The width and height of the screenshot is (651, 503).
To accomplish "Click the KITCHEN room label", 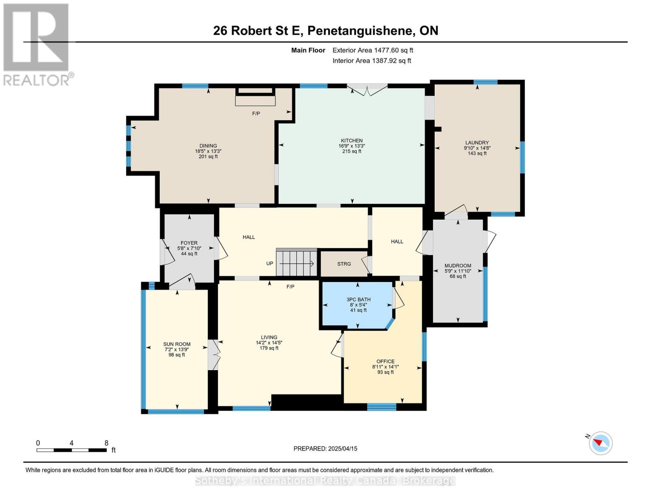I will point(351,141).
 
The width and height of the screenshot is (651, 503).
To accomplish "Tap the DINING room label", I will point(208,146).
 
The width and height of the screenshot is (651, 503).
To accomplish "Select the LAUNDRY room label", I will point(477,143).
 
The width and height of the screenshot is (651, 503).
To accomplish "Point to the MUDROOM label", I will point(458,266).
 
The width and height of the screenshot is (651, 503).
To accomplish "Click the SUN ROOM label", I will point(176,345).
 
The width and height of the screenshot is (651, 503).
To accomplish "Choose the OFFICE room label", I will point(385,361).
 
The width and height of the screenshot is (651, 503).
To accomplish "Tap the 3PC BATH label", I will point(358,300).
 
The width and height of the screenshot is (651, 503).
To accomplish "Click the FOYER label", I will point(189,243).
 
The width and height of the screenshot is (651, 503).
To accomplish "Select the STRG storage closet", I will point(344,264).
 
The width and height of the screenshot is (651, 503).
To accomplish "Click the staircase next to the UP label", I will point(296,263).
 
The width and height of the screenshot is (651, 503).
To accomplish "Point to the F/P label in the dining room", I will point(256,114).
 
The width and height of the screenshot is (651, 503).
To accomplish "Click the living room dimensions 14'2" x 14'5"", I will point(269,342).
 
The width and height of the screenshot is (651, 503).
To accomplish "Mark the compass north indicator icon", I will point(600,443).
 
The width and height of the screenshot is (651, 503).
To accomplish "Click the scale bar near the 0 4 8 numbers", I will point(71,450).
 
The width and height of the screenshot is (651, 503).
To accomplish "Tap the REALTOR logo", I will point(37,44).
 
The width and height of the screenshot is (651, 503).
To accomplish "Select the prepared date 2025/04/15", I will point(325,449).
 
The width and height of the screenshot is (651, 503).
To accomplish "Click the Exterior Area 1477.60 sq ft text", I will point(373,50).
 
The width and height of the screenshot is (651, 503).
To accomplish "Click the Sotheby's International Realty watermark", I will point(325,481).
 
